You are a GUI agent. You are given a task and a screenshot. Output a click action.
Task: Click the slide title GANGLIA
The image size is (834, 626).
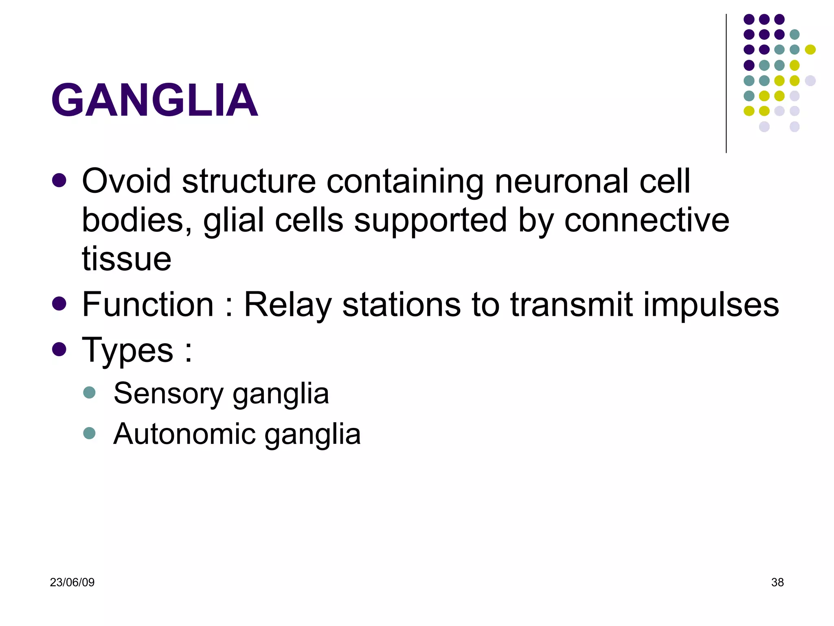154,100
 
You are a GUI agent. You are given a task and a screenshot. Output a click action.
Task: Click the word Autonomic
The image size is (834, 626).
184,434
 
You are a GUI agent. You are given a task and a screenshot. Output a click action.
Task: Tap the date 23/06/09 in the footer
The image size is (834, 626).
72,582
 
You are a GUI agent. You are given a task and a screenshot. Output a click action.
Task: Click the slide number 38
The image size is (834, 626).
777,582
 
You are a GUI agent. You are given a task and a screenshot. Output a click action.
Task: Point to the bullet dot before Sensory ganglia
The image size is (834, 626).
89,392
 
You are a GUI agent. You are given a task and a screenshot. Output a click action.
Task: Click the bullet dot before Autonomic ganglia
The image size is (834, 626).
89,433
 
